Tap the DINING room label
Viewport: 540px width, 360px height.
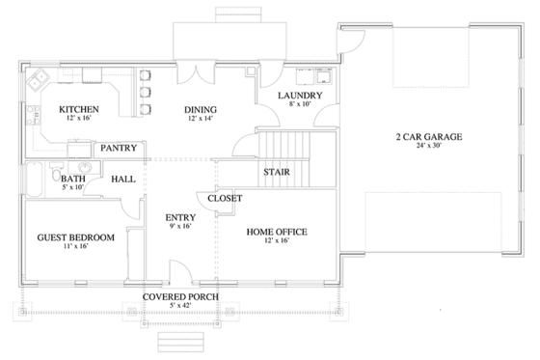(200, 109)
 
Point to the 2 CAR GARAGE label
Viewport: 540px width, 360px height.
(429, 137)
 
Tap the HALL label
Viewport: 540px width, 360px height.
(122, 179)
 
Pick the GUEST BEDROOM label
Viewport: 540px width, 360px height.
(75, 237)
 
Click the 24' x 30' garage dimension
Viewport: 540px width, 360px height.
(429, 148)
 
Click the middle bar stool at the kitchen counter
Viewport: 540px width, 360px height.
(146, 93)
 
